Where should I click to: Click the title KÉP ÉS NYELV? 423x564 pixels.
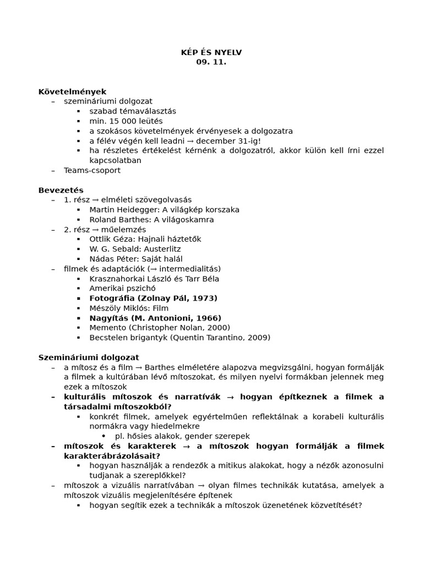coord(211,53)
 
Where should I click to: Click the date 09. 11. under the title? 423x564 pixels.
coord(211,62)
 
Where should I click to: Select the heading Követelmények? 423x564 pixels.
coord(72,91)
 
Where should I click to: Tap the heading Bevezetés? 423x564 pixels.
coord(61,190)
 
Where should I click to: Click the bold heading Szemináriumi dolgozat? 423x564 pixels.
coord(89,357)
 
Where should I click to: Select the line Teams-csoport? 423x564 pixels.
coord(92,171)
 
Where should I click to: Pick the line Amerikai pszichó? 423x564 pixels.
coord(122,289)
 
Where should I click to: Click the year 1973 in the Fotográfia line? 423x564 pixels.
coord(205,299)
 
